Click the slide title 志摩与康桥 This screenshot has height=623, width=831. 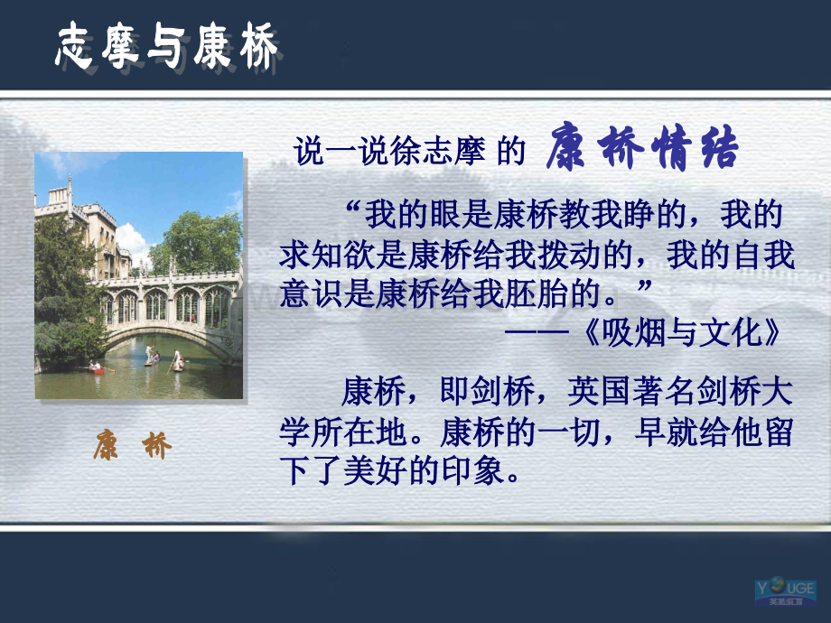point(166,47)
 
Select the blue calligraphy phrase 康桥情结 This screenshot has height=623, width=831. point(642,147)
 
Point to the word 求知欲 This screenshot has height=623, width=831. point(327,255)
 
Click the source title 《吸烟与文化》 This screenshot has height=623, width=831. point(681,332)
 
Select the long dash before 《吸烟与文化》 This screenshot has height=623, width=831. point(537,332)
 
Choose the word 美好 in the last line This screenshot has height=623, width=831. point(375,470)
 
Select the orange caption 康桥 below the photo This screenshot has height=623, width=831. point(133,445)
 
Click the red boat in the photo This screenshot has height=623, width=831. point(96,370)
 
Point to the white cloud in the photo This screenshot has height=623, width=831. point(130,242)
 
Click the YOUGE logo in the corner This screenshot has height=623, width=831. point(786,592)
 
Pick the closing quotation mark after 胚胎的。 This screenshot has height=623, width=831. point(643,286)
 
